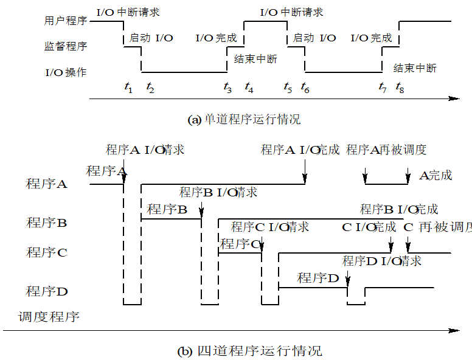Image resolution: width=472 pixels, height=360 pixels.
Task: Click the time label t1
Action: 128,88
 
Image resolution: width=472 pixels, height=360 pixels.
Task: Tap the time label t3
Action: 227,88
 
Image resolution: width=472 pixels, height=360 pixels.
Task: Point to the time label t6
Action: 305,88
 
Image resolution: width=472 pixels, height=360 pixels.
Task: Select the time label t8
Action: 400,88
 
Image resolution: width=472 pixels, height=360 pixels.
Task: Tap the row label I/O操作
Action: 66,72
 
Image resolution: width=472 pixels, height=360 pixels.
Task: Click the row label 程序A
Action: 46,183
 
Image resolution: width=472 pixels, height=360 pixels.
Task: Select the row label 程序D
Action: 46,291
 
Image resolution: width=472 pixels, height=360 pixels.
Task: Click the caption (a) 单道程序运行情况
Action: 244,120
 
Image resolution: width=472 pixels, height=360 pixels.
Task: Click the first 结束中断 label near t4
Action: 255,59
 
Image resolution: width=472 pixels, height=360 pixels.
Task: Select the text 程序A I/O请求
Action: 145,150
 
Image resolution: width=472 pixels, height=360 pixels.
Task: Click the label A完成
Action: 436,176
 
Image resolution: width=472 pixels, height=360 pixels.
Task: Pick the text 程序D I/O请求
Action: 381,261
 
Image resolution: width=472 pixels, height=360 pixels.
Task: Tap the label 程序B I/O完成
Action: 399,210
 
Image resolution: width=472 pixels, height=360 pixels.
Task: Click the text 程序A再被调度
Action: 386,150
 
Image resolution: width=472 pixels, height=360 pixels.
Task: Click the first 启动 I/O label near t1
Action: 151,38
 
